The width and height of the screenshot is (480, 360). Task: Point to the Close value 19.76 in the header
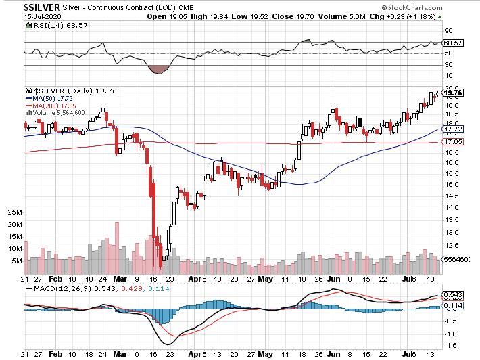point(297,15)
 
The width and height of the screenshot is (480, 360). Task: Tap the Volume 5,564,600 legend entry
point(59,113)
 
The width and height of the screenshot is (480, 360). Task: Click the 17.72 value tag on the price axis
point(452,129)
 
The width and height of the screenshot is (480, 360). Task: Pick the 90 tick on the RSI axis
point(447,31)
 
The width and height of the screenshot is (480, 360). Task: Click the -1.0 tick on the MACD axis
point(449,334)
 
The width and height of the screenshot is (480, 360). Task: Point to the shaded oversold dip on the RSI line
point(159,69)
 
